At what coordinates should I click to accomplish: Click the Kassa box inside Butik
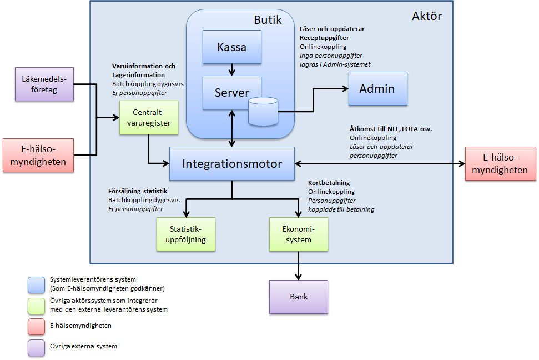[x=232, y=47]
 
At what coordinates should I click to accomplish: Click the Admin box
[x=377, y=88]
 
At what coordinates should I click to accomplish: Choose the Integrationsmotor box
[x=232, y=164]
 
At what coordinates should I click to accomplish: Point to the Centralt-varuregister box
[x=148, y=117]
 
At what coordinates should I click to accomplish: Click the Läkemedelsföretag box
[x=44, y=84]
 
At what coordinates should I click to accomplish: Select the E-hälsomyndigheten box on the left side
[x=38, y=155]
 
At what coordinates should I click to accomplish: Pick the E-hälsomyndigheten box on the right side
[x=500, y=163]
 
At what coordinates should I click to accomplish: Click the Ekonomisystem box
[x=299, y=234]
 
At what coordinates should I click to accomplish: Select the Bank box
[x=299, y=297]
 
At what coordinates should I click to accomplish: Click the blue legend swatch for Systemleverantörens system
[x=36, y=284]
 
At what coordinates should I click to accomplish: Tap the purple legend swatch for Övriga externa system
[x=36, y=347]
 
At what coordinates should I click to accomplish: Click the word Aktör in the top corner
[x=426, y=16]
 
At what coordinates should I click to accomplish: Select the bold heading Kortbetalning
[x=329, y=183]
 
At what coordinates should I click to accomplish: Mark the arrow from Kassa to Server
[x=232, y=70]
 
